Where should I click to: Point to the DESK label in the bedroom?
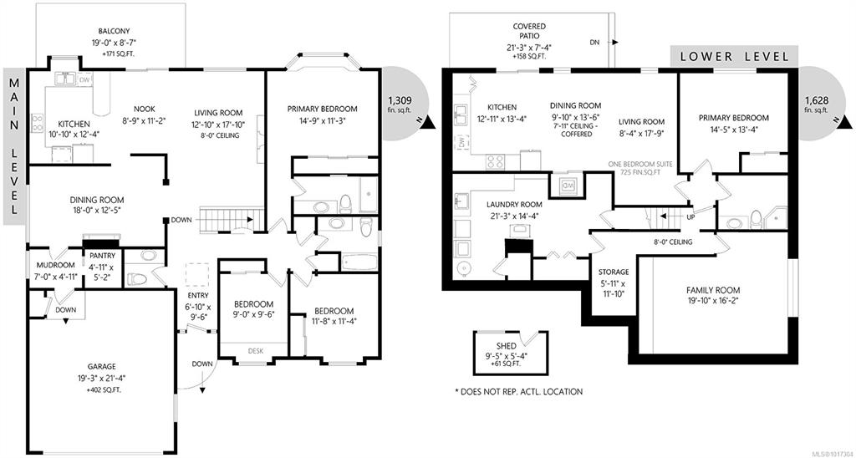(256, 351)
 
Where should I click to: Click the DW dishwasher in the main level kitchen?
(84, 79)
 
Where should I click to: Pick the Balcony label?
(115, 32)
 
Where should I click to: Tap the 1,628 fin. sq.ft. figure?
(816, 104)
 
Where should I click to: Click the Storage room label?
(614, 272)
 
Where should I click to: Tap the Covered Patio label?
(529, 32)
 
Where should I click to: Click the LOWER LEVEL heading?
(734, 56)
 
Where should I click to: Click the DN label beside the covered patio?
(595, 42)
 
